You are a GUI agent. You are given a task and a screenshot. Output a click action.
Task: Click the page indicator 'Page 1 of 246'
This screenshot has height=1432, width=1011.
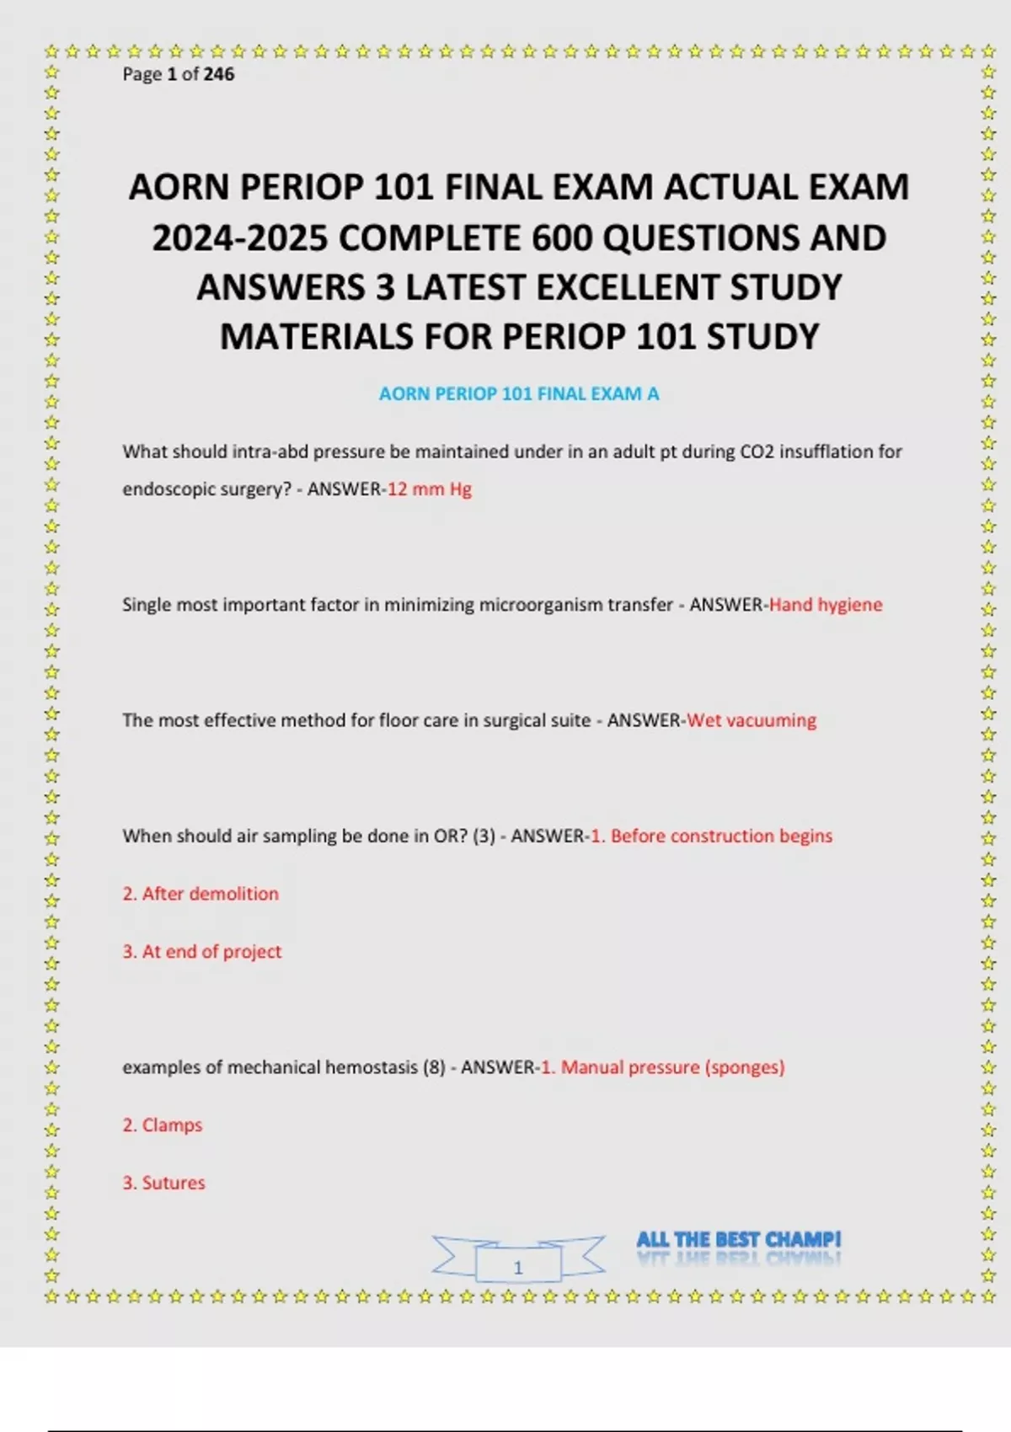click(178, 74)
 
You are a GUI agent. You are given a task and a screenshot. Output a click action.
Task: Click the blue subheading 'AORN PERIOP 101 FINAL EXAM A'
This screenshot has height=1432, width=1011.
click(518, 393)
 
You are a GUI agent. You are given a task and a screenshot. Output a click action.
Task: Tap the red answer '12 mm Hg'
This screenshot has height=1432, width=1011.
click(429, 489)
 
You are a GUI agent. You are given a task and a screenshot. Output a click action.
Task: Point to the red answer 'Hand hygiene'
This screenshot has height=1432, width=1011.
click(826, 604)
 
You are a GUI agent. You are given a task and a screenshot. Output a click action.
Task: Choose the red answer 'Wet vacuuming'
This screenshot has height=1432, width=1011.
click(752, 720)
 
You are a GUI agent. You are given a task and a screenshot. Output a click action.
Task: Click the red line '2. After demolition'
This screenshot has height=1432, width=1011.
click(201, 894)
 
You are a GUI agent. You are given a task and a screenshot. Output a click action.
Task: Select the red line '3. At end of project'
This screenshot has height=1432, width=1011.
click(202, 951)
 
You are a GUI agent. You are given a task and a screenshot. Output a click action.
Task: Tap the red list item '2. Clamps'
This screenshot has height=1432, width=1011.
click(163, 1125)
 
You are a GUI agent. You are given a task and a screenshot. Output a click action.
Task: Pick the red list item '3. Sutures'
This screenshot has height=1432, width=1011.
click(164, 1183)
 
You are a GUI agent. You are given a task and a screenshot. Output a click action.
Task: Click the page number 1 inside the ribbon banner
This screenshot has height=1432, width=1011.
click(518, 1267)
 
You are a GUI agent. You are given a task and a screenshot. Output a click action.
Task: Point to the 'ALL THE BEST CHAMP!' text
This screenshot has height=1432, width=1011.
click(738, 1239)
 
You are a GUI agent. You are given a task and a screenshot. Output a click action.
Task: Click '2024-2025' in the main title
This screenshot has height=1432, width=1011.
click(239, 238)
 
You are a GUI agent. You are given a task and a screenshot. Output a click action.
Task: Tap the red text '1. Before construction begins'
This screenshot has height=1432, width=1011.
click(711, 836)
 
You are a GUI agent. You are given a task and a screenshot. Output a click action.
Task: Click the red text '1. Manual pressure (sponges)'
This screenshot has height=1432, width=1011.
click(662, 1067)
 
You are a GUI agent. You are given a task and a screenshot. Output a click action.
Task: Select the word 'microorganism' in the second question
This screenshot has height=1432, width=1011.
click(434, 604)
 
